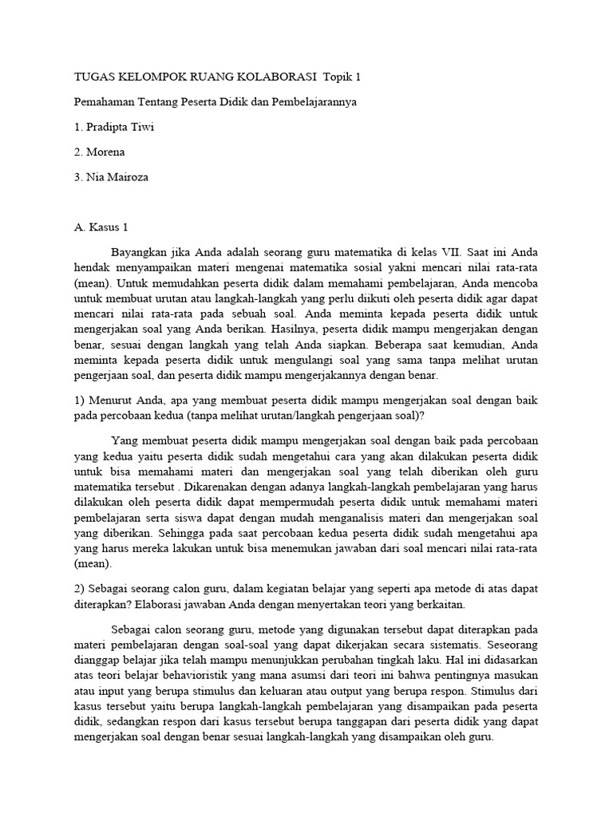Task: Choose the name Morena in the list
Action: (105, 152)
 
